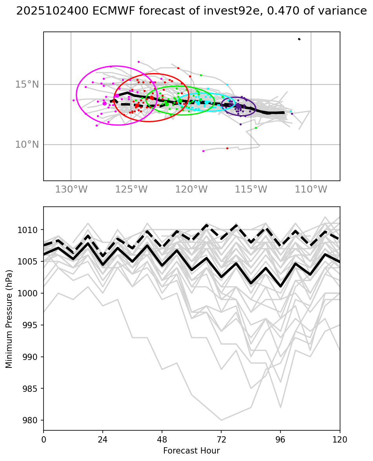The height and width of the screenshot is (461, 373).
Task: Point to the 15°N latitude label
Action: (27, 84)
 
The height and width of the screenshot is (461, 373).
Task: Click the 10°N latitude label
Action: (27, 145)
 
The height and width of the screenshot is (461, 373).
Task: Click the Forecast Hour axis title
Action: (191, 451)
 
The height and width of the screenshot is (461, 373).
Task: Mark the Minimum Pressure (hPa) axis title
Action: (9, 319)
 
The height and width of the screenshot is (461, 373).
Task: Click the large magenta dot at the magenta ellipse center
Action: (117, 96)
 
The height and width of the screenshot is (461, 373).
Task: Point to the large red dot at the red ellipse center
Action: (151, 97)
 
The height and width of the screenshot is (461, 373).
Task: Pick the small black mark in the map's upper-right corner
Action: (299, 39)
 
